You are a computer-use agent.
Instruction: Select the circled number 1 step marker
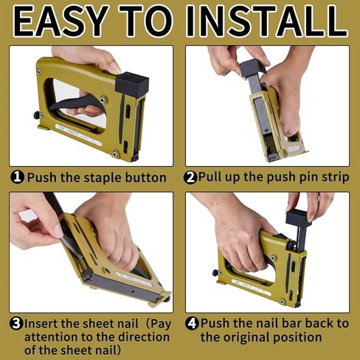click(x=18, y=178)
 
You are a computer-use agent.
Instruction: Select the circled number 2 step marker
click(x=190, y=178)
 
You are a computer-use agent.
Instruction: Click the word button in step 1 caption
click(x=145, y=178)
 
